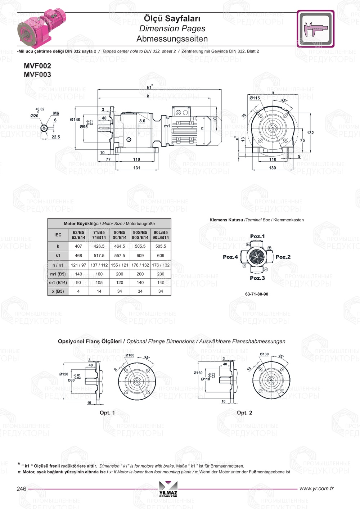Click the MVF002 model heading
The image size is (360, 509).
[x=37, y=66]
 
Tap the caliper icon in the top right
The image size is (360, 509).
[x=315, y=29]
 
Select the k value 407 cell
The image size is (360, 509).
[x=78, y=246]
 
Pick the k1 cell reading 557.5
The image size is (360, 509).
[x=120, y=256]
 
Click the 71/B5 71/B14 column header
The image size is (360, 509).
[x=99, y=235]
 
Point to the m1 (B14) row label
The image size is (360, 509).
[x=58, y=283]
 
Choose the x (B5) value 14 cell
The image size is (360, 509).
[x=99, y=291]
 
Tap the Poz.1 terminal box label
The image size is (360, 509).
[x=257, y=237]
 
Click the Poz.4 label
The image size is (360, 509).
[x=230, y=257]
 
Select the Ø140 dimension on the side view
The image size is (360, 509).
[x=75, y=120]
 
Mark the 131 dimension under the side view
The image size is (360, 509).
[x=137, y=168]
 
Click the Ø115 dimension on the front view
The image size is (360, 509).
[x=255, y=98]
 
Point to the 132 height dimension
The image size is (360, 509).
[x=310, y=133]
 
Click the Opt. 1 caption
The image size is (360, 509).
[x=107, y=413]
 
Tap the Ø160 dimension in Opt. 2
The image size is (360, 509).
[x=198, y=373]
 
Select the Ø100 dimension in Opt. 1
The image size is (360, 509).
[x=130, y=355]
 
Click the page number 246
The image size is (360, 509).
[x=22, y=489]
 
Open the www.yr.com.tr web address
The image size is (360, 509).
[x=316, y=488]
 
